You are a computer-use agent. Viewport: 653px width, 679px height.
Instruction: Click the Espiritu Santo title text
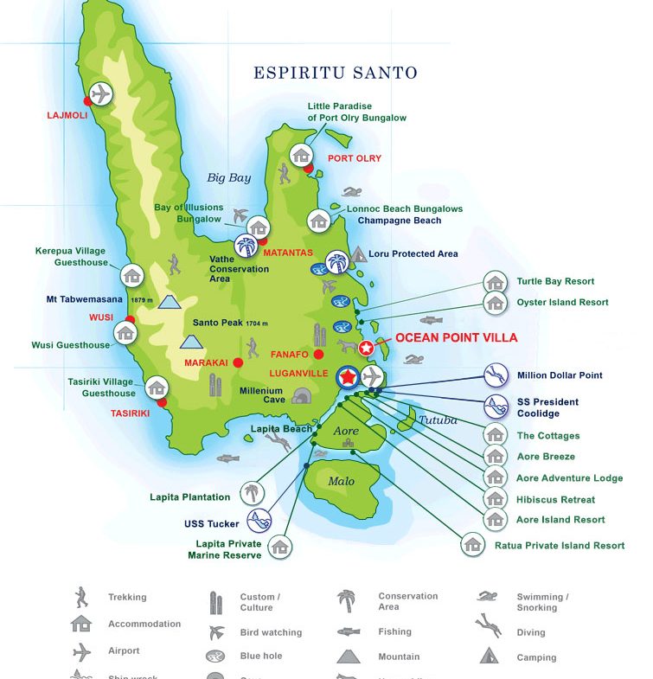pyautogui.click(x=335, y=73)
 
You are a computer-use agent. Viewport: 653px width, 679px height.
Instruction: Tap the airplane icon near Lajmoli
pyautogui.click(x=101, y=93)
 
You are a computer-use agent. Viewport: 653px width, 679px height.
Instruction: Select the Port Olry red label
pyautogui.click(x=354, y=158)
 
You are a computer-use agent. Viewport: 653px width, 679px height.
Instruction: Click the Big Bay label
pyautogui.click(x=228, y=178)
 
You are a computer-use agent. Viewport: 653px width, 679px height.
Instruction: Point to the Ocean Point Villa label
pyautogui.click(x=456, y=337)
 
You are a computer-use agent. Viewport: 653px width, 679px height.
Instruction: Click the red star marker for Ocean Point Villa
pyautogui.click(x=366, y=348)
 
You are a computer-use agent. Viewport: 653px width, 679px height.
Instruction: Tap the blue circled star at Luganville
pyautogui.click(x=348, y=377)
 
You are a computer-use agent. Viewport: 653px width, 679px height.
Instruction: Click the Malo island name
pyautogui.click(x=342, y=481)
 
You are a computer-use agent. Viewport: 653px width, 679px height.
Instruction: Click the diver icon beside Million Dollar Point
pyautogui.click(x=496, y=375)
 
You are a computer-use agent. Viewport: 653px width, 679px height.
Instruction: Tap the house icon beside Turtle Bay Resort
pyautogui.click(x=496, y=282)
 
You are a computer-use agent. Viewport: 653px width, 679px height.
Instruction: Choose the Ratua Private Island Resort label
pyautogui.click(x=559, y=546)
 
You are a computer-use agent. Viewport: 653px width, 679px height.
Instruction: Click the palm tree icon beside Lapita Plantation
pyautogui.click(x=251, y=494)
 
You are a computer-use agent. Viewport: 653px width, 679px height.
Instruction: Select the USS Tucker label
pyautogui.click(x=212, y=523)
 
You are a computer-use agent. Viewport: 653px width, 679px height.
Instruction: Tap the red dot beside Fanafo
pyautogui.click(x=319, y=354)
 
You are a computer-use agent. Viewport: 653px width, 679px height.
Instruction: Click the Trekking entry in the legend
pyautogui.click(x=127, y=597)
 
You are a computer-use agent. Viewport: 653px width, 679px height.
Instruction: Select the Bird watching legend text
pyautogui.click(x=271, y=632)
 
